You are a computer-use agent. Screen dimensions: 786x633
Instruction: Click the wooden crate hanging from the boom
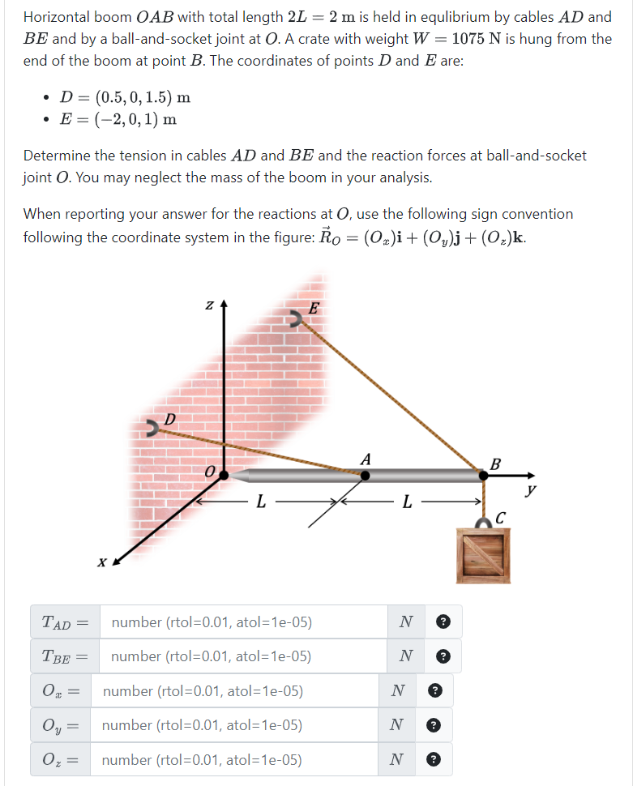coord(485,554)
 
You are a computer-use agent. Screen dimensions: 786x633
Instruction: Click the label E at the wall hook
coord(315,308)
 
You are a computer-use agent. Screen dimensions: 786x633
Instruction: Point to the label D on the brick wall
coord(169,419)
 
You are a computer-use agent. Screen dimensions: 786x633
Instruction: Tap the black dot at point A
coord(366,476)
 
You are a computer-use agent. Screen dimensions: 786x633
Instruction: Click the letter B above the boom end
coord(496,464)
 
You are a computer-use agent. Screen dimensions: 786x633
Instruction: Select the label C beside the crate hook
coord(500,516)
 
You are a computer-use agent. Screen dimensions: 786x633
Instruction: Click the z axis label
coord(209,305)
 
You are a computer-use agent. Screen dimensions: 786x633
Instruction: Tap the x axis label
coord(101,561)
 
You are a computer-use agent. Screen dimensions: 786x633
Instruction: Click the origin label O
coord(209,472)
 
